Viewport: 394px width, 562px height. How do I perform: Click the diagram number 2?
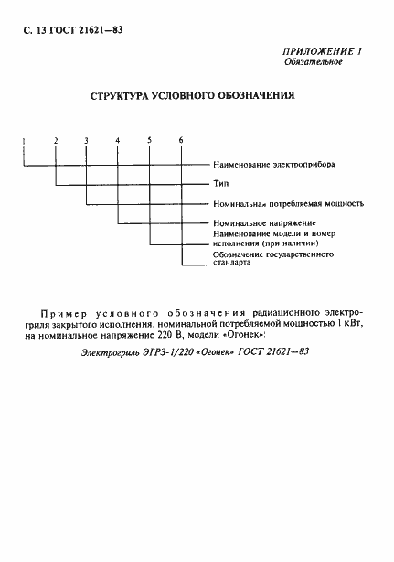point(56,140)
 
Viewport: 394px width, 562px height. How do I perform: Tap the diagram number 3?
point(87,140)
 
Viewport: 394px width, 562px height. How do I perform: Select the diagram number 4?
point(118,140)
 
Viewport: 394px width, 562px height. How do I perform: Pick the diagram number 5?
point(149,140)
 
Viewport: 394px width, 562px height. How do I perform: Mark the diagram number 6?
point(181,140)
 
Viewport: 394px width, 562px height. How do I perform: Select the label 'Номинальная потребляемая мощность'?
point(288,203)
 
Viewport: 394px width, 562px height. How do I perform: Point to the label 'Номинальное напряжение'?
point(264,223)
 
